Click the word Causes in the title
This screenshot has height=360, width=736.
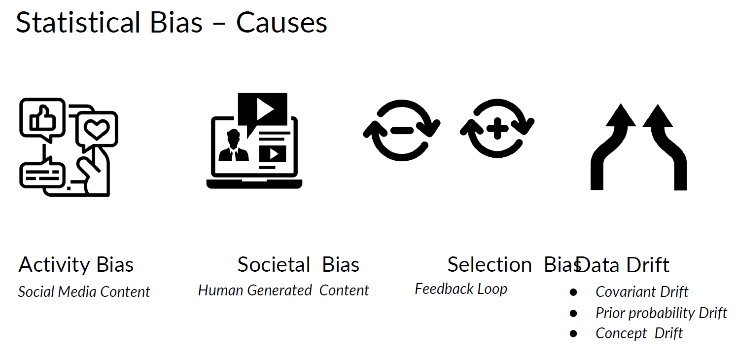[x=281, y=23]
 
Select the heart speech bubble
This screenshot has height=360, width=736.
[x=97, y=129]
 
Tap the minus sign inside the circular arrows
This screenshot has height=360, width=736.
[x=402, y=130]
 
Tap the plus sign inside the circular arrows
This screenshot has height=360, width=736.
[x=497, y=129]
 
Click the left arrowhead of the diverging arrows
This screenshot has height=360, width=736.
[x=620, y=116]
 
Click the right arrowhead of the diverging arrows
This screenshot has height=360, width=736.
[x=658, y=116]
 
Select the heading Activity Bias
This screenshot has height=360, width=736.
[x=76, y=265]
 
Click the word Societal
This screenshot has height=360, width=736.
[x=274, y=265]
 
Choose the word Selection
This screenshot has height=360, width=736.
[x=489, y=265]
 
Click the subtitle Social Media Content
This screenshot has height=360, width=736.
[x=84, y=292]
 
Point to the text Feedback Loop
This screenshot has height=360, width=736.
[x=461, y=289]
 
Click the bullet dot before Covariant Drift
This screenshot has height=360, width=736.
[x=573, y=292]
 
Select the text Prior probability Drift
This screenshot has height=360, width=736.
[x=661, y=313]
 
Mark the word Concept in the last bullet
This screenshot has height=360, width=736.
[x=620, y=333]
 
